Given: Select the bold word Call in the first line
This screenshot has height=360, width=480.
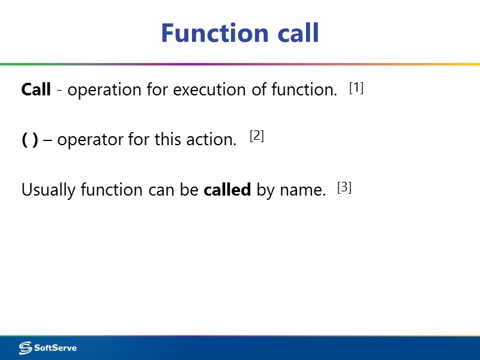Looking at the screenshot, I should click(36, 90).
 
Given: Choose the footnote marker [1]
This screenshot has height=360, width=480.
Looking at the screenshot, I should click(356, 88).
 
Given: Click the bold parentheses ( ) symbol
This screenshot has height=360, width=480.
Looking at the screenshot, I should click(30, 140).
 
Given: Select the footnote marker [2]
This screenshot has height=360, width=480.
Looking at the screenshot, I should click(257, 136).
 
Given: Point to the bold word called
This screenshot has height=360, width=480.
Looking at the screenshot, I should click(227, 190).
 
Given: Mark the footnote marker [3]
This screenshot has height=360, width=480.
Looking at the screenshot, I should click(344, 187).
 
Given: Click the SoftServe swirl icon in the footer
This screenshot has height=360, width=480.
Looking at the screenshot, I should click(25, 348).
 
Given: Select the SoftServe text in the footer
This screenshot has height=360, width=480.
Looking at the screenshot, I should click(55, 348).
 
